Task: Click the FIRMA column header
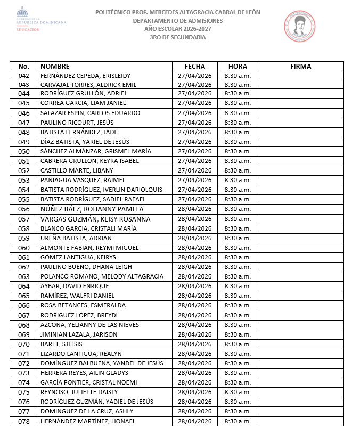click(x=301, y=67)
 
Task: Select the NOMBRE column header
click(x=55, y=67)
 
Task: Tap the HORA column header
click(x=238, y=67)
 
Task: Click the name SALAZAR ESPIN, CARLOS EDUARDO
click(x=90, y=113)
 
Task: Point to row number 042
click(x=24, y=76)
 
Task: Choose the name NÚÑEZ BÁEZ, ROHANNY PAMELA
click(x=92, y=209)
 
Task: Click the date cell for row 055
click(x=194, y=199)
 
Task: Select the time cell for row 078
click(x=238, y=421)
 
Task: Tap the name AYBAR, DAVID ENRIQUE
click(x=75, y=286)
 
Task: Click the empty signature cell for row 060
click(x=301, y=248)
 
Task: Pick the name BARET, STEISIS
click(x=61, y=344)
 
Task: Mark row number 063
click(x=24, y=277)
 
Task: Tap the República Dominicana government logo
click(x=40, y=20)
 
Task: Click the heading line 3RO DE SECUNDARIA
click(x=178, y=37)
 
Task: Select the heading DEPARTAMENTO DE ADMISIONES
click(x=178, y=21)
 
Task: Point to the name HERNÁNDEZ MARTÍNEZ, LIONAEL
click(x=88, y=421)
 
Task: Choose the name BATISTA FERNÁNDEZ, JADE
click(x=79, y=132)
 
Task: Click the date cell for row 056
click(x=194, y=209)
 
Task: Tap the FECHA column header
click(x=194, y=67)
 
